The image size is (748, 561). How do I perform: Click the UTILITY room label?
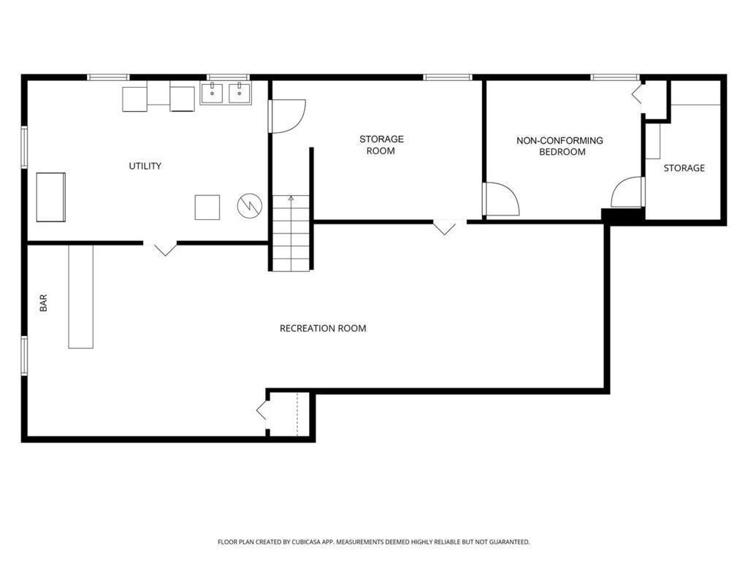tap(145, 166)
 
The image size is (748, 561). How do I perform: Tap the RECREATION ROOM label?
tap(323, 328)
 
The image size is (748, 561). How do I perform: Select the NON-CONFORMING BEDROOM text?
tap(560, 146)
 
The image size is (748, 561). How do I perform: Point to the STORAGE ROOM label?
tap(381, 145)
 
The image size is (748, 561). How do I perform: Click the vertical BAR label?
tap(43, 303)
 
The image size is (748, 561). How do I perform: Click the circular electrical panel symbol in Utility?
tap(250, 205)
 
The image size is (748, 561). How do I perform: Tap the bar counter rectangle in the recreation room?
tap(80, 297)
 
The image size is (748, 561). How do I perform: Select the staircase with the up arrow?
tap(291, 233)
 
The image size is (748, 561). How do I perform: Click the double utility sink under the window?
tap(226, 93)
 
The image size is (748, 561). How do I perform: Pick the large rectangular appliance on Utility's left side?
tap(50, 197)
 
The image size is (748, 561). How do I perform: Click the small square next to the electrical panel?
tap(207, 207)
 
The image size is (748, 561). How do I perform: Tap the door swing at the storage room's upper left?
tap(286, 116)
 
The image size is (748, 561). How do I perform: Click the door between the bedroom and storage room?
tap(500, 199)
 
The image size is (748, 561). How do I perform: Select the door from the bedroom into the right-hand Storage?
tap(627, 192)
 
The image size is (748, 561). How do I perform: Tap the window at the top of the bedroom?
tap(615, 77)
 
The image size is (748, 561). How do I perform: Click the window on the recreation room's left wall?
tap(24, 356)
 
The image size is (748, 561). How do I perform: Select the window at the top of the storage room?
tap(448, 77)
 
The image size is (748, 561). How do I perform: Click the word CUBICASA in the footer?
tap(311, 542)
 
